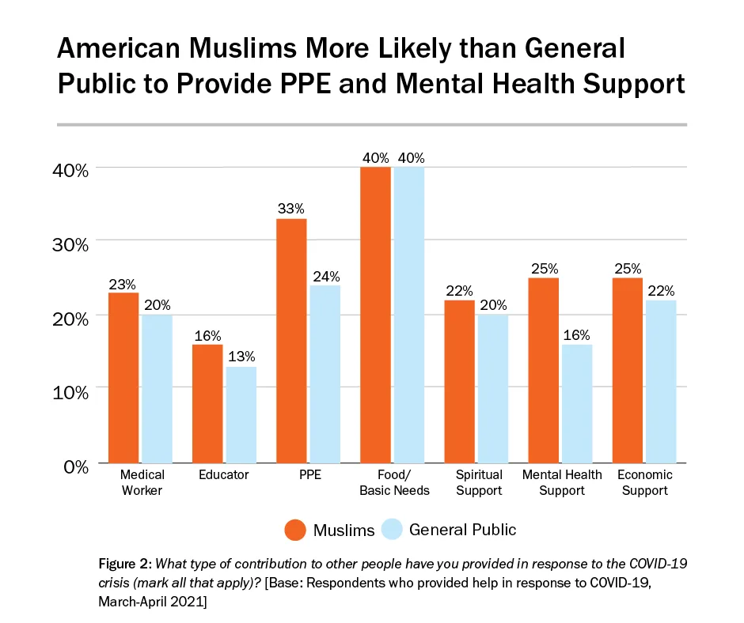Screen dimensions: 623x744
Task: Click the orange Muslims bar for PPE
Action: coord(291,340)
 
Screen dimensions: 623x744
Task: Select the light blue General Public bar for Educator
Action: coord(240,414)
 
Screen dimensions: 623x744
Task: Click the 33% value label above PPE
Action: coord(291,209)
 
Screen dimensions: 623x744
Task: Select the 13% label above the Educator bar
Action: coord(240,357)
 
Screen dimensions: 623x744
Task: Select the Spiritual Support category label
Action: coord(479,482)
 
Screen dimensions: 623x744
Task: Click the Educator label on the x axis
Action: coord(224,475)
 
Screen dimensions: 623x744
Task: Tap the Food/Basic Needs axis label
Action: coord(394,482)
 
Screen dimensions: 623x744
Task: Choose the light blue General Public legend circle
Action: coord(393,529)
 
